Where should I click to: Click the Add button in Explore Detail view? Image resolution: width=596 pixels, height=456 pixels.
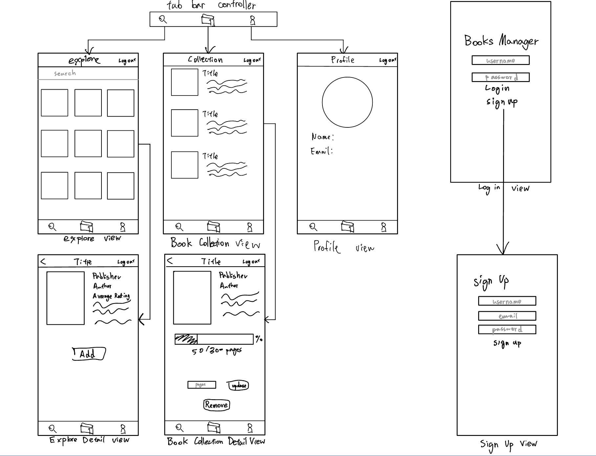coord(89,354)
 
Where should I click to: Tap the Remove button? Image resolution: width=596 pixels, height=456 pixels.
coord(216,405)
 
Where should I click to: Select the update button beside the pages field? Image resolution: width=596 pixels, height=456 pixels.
coord(238,385)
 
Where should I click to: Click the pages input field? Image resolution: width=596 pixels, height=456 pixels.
coord(202,385)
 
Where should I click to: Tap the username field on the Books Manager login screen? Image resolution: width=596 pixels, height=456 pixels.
coord(500,60)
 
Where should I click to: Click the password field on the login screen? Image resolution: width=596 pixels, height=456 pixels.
coord(500,77)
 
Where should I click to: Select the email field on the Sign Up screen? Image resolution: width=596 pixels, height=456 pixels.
coord(507,316)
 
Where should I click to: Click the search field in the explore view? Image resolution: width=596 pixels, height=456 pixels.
coord(88,73)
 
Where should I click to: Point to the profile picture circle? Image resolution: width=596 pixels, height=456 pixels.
coord(347,102)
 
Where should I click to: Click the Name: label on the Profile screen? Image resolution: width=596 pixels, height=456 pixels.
coord(322,137)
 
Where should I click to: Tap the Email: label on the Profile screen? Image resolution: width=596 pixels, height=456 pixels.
coord(321,151)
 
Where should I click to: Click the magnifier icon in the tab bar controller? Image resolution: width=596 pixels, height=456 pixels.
coord(163,19)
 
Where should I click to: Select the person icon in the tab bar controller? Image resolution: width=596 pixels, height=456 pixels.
coord(252,20)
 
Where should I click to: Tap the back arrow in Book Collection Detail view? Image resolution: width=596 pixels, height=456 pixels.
coord(170,261)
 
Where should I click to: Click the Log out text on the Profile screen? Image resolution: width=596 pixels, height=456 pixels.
coord(387,60)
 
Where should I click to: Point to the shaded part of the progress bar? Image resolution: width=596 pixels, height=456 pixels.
coord(186,339)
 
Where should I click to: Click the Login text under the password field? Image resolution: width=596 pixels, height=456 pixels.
coord(497,88)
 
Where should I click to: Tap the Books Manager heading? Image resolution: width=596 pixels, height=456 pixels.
coord(501,41)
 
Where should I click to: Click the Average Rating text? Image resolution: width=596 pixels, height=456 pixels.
coord(111,296)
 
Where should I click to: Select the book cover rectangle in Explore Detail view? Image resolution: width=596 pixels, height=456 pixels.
coord(65,298)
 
